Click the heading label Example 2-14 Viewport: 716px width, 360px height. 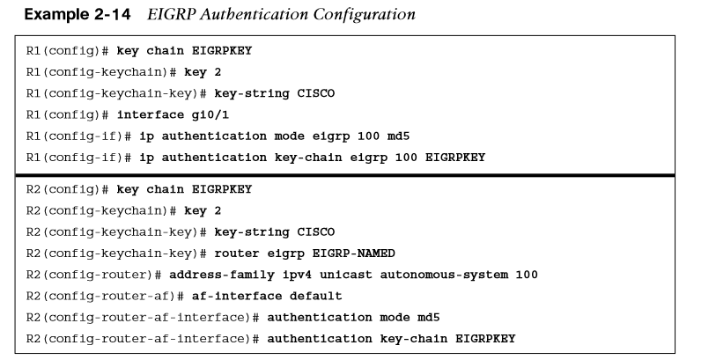tap(78, 15)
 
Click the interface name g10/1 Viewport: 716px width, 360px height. tap(210, 115)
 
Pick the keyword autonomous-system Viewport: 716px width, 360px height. tap(444, 275)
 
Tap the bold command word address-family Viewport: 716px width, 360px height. tap(222, 275)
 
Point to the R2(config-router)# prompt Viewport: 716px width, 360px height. tap(94, 275)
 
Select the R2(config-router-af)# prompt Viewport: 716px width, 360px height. tap(105, 296)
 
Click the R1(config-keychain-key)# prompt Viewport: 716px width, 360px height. tap(116, 93)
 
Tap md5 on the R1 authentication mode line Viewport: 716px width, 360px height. tap(398, 136)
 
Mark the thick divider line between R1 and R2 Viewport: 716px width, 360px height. tap(344, 175)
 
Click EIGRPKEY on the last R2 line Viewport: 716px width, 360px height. tap(485, 339)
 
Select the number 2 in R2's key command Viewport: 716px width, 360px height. tap(218, 210)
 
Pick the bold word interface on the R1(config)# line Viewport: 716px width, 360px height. tap(151, 115)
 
